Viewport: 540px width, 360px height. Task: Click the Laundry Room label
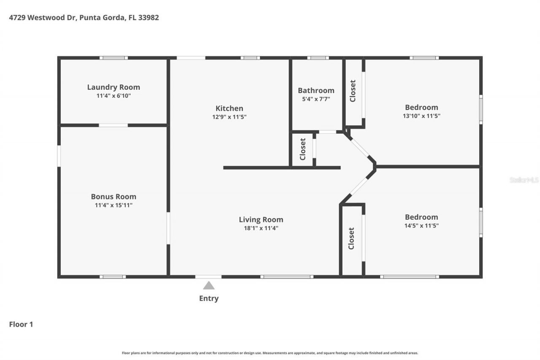tap(113, 87)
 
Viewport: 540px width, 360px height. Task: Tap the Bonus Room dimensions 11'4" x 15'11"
tap(113, 205)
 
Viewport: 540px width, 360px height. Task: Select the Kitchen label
tap(229, 108)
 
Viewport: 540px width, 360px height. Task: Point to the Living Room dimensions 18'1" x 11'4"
tap(261, 228)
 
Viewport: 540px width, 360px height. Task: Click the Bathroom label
tap(316, 90)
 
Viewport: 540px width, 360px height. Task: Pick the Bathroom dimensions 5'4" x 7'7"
tap(316, 99)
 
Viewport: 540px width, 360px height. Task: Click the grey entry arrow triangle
tap(209, 286)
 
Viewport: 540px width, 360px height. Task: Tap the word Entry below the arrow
tap(209, 298)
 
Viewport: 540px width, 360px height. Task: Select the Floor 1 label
tap(21, 324)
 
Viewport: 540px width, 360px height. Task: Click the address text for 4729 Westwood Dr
tap(84, 18)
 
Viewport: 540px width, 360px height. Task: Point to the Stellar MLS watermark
tap(524, 180)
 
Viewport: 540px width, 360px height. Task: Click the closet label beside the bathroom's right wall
tap(353, 91)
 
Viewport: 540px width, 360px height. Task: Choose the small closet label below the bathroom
tap(302, 149)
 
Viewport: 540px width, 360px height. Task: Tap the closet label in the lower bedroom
tap(351, 238)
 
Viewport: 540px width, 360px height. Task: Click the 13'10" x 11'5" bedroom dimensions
tap(421, 116)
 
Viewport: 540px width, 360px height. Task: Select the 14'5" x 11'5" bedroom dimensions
tap(421, 226)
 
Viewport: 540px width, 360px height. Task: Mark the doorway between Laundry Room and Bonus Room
tap(113, 125)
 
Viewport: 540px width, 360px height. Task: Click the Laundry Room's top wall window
tap(113, 58)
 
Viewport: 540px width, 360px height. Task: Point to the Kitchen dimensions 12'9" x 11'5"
tap(229, 117)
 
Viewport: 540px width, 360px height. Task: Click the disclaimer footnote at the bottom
tap(270, 353)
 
